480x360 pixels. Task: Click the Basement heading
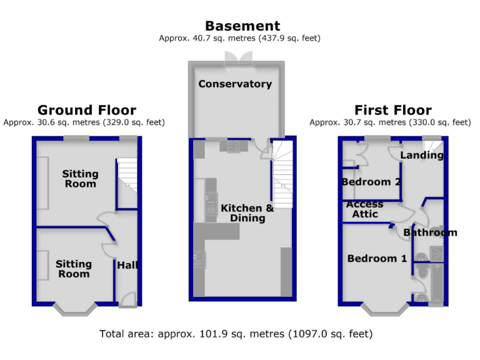[242, 26]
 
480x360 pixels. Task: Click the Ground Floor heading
[86, 111]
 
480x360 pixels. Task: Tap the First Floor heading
[392, 111]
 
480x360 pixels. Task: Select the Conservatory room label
[235, 84]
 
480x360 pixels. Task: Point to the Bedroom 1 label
[377, 258]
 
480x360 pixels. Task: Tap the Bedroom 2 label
[371, 182]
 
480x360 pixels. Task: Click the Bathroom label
[430, 232]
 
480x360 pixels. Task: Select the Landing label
[421, 155]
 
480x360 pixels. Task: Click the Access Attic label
[364, 209]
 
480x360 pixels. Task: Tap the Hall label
[127, 266]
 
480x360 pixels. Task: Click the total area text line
[236, 334]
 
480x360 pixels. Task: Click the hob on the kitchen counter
[233, 146]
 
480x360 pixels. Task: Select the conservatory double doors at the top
[238, 58]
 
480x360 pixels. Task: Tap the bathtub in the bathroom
[436, 284]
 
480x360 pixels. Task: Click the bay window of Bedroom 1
[385, 308]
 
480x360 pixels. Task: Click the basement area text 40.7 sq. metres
[239, 38]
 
